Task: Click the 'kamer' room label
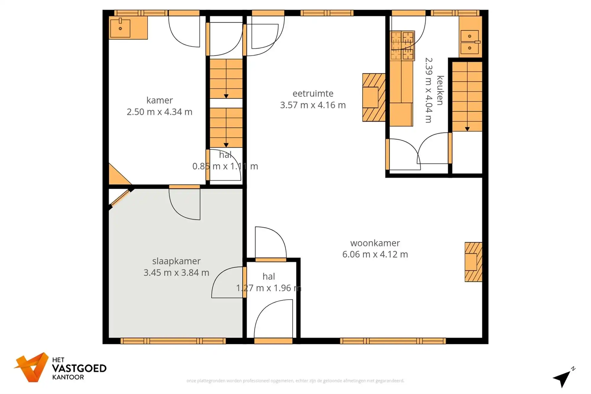click(160, 100)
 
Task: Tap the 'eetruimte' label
click(313, 93)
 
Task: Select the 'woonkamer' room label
click(375, 243)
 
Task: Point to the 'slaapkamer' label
click(176, 261)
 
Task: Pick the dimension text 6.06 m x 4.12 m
click(375, 254)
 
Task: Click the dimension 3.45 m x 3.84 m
click(176, 273)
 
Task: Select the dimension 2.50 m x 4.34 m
click(160, 112)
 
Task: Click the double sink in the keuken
click(470, 42)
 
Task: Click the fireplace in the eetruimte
click(374, 97)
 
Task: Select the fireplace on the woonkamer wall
click(473, 262)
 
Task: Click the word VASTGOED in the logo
click(79, 368)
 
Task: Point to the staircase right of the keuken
click(467, 96)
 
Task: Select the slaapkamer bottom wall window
click(173, 341)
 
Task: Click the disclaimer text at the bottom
click(295, 381)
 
